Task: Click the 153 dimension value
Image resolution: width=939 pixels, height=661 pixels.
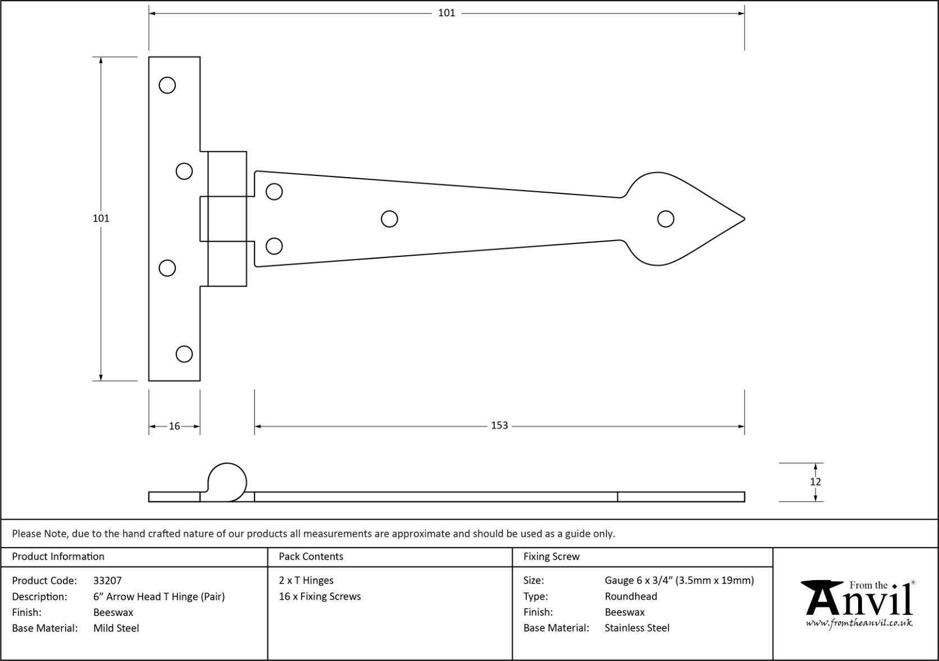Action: click(x=499, y=425)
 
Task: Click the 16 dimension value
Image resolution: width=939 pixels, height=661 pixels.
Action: click(x=174, y=426)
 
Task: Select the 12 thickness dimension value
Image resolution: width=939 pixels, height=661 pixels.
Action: click(x=815, y=482)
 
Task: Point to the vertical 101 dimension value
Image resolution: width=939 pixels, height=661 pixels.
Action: click(x=101, y=218)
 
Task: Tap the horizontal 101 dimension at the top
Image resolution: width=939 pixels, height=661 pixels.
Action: click(x=446, y=13)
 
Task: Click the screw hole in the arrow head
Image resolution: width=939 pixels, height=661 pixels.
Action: click(x=665, y=219)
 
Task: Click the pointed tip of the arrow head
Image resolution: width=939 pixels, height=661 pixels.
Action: click(x=743, y=219)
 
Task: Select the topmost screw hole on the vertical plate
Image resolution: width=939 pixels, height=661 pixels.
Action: click(x=167, y=85)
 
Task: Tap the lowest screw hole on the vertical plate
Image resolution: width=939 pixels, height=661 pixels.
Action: click(x=184, y=354)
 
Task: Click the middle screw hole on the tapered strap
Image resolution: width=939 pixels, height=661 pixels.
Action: click(x=389, y=219)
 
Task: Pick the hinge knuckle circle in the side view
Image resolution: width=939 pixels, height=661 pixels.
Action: click(x=227, y=482)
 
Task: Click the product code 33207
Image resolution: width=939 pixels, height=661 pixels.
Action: click(x=107, y=581)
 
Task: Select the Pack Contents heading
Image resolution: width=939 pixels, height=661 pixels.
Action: click(x=311, y=556)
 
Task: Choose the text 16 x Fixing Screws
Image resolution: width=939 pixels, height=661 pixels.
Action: click(x=320, y=596)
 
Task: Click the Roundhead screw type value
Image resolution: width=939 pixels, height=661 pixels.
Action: click(x=631, y=596)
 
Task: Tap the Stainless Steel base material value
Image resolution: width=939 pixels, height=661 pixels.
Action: click(x=637, y=628)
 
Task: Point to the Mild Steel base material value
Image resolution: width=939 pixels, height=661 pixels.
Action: click(x=116, y=628)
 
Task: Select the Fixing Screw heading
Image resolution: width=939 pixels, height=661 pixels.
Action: click(x=551, y=556)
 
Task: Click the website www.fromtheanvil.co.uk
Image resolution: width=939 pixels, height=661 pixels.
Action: click(x=859, y=623)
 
